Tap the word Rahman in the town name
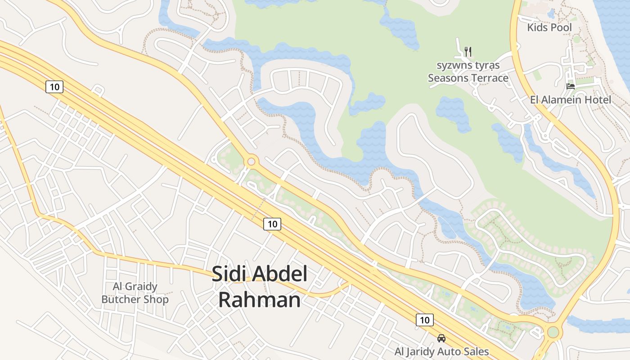[259, 300]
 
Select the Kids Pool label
[549, 27]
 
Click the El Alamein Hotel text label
[571, 100]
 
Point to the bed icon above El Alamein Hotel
[571, 85]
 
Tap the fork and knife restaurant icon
[468, 52]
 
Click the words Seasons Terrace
[468, 78]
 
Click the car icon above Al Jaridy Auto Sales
[441, 338]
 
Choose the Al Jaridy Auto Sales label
[441, 351]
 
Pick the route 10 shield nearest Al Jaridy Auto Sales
[424, 320]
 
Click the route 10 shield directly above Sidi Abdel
[272, 224]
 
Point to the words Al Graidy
[135, 287]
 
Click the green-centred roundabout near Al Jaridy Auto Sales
[553, 332]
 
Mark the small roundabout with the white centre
[251, 161]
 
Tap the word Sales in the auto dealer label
[476, 351]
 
